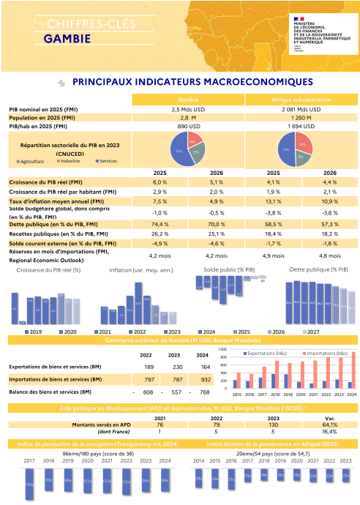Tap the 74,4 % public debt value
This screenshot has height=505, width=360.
click(160, 223)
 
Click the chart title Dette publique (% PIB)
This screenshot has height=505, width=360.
click(318, 270)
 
